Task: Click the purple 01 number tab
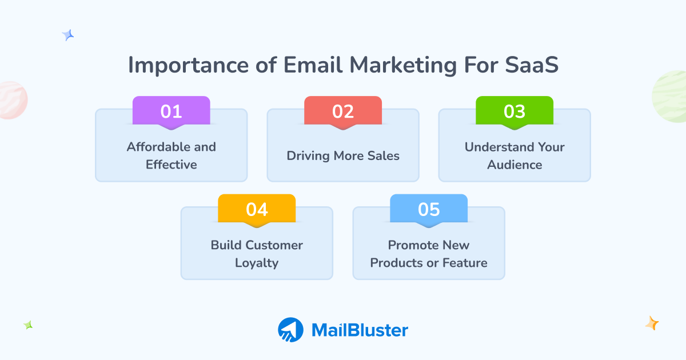click(171, 111)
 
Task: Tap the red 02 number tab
click(342, 111)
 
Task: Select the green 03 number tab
click(514, 111)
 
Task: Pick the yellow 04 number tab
click(257, 209)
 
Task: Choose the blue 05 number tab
click(429, 209)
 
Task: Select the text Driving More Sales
click(343, 155)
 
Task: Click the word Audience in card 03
click(514, 165)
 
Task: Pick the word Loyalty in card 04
click(257, 263)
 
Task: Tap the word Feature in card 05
click(464, 263)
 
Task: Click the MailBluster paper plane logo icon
click(290, 330)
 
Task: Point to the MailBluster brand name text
click(360, 330)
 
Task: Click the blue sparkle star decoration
click(68, 35)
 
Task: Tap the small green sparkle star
click(28, 325)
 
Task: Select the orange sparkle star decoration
click(652, 323)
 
